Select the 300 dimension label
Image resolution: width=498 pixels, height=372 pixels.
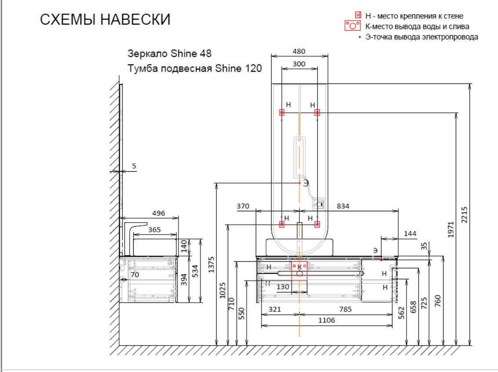click(299, 64)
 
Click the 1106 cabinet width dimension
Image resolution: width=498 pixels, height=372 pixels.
click(326, 321)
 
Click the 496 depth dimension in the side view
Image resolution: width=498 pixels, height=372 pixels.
click(158, 213)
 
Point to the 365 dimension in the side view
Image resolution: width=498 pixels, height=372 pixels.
click(154, 229)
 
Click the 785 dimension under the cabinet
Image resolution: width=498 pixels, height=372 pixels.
click(345, 310)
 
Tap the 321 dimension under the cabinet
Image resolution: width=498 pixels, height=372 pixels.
click(274, 310)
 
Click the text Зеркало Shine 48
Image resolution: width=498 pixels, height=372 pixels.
click(169, 54)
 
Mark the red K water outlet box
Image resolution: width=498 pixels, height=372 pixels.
click(300, 270)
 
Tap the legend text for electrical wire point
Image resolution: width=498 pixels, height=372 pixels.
click(422, 37)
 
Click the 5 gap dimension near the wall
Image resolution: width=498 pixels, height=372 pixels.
click(134, 166)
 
